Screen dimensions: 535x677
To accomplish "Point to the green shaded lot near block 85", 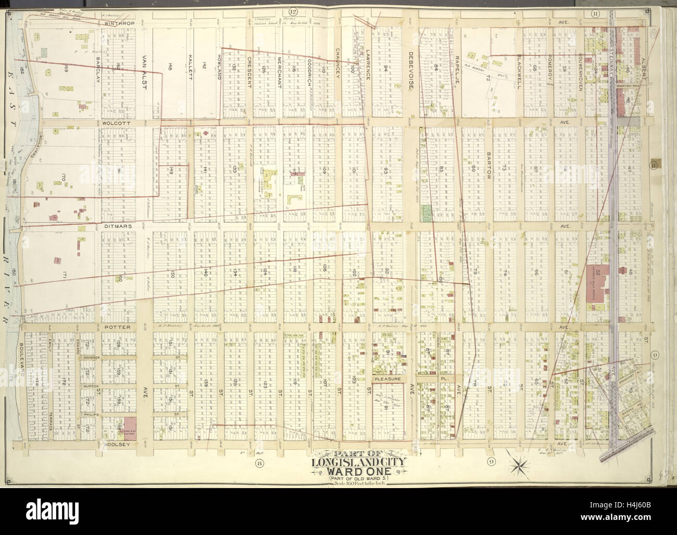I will pos(428,211).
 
